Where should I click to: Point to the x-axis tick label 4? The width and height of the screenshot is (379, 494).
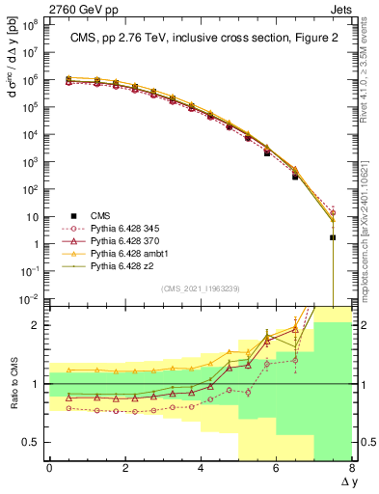tap(201, 468)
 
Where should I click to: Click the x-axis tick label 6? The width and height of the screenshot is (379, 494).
tap(277, 468)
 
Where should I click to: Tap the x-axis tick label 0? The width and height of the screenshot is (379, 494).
tap(49, 468)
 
